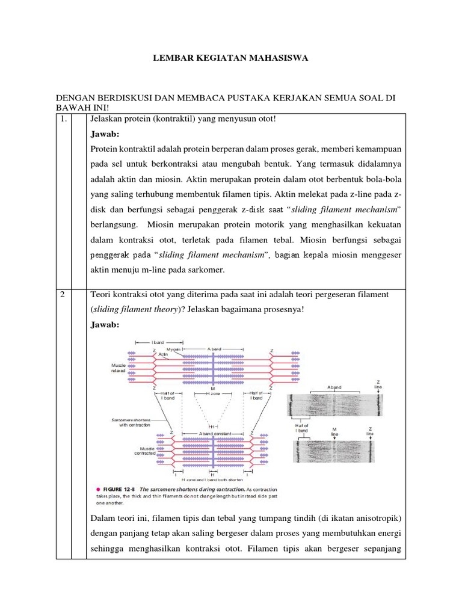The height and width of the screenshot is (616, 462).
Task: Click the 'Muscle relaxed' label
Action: click(x=118, y=368)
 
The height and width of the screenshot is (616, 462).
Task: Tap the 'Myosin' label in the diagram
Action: click(x=174, y=350)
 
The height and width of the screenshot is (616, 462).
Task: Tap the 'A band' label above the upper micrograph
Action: click(x=334, y=387)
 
